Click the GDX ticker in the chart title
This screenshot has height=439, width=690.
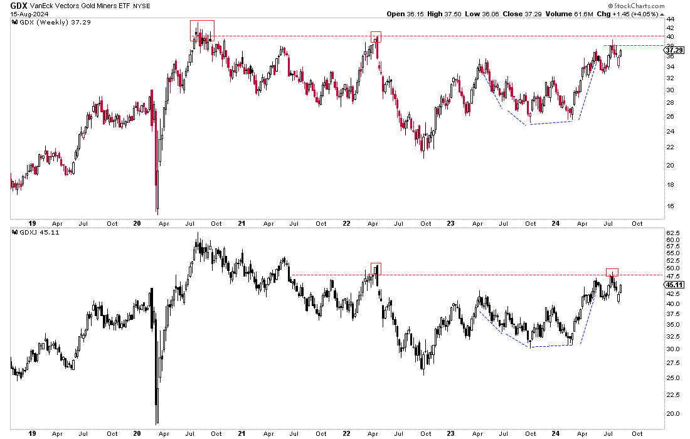click(x=19, y=5)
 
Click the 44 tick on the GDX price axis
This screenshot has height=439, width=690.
click(x=671, y=19)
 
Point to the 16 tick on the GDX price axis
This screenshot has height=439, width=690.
click(x=671, y=206)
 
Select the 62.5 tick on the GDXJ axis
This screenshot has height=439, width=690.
click(x=672, y=232)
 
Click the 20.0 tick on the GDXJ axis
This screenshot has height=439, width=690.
click(x=672, y=414)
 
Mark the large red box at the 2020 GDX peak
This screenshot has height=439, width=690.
click(x=202, y=30)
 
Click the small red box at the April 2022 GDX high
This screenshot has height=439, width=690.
click(x=376, y=36)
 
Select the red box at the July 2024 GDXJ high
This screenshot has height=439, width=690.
click(x=612, y=272)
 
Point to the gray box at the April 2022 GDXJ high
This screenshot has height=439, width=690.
click(x=376, y=269)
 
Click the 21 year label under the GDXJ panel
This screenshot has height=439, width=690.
click(x=216, y=433)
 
